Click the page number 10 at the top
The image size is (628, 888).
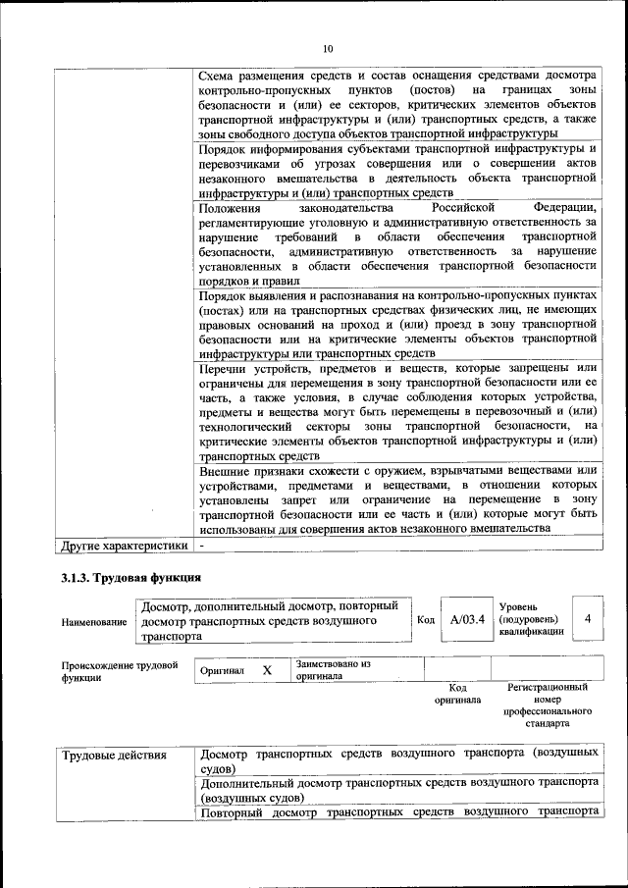click(329, 49)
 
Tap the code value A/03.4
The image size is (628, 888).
click(467, 620)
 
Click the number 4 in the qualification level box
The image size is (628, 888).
click(587, 619)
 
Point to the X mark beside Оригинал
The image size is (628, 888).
click(266, 669)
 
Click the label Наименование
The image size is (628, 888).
click(94, 622)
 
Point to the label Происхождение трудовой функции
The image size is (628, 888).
click(120, 671)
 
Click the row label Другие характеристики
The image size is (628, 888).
click(124, 545)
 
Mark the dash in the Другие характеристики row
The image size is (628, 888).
click(201, 545)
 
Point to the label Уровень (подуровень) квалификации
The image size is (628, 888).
click(531, 619)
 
